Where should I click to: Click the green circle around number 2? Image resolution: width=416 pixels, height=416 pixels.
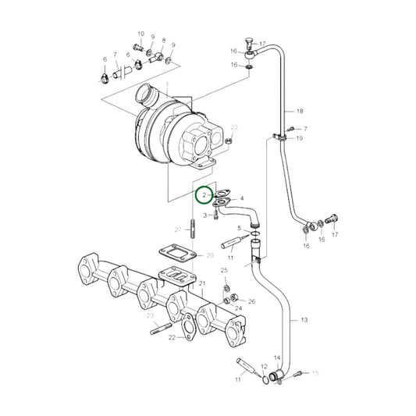[204, 194]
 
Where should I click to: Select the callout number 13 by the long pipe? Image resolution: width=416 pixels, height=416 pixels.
[304, 321]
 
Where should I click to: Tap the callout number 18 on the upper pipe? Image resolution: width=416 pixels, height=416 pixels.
[299, 112]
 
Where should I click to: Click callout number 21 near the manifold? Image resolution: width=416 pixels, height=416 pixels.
[201, 283]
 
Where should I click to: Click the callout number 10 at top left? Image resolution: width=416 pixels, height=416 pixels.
[141, 34]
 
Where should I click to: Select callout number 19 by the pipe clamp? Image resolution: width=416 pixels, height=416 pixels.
[299, 138]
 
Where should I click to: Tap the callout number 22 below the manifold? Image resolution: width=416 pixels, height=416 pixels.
[172, 336]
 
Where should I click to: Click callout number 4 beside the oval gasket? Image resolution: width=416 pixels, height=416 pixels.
[242, 199]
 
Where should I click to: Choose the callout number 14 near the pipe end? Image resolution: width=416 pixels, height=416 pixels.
[276, 358]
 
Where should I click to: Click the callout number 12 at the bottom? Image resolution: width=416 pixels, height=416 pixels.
[264, 366]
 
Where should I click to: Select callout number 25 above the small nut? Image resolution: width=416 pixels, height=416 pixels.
[224, 271]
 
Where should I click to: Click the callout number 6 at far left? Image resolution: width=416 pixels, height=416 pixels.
[104, 59]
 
